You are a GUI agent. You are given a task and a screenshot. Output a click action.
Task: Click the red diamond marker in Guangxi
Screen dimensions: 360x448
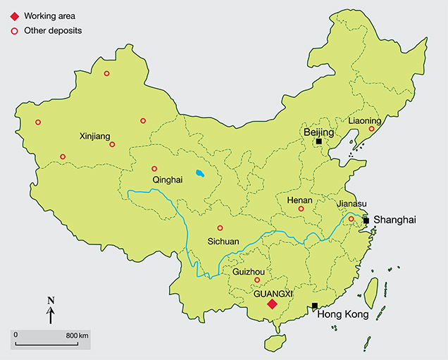click(x=271, y=304)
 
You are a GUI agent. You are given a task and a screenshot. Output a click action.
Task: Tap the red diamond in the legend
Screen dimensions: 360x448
click(x=12, y=15)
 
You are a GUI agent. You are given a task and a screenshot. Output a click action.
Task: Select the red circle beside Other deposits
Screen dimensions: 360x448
click(x=12, y=31)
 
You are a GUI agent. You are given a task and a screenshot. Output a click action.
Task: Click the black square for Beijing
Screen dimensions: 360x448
click(x=319, y=142)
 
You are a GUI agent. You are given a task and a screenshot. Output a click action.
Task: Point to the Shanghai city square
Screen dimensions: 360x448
click(x=366, y=221)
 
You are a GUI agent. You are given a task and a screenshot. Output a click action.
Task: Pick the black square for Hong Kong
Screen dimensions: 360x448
click(x=314, y=306)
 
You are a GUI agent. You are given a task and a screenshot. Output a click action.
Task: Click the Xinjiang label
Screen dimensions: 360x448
click(x=96, y=136)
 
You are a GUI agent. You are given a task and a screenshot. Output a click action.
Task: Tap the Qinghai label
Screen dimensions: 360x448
click(x=167, y=180)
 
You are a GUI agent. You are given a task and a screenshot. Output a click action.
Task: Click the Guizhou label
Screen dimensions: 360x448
click(x=247, y=271)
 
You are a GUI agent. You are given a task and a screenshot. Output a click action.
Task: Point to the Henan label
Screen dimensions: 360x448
click(x=299, y=200)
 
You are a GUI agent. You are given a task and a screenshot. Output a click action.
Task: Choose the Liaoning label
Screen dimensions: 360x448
click(x=365, y=120)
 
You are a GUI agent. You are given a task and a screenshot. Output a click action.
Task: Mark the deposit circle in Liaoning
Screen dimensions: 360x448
click(x=371, y=128)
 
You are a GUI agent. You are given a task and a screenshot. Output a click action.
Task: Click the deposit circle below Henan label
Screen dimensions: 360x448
click(x=301, y=209)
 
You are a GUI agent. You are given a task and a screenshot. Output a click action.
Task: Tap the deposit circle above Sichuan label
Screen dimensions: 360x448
click(x=220, y=228)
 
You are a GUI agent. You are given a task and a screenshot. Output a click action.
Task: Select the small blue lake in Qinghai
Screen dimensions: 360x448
click(x=201, y=173)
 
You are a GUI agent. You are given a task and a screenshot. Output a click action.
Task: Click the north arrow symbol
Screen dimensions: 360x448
click(x=51, y=311)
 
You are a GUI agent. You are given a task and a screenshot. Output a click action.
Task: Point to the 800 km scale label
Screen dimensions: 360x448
click(x=77, y=335)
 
